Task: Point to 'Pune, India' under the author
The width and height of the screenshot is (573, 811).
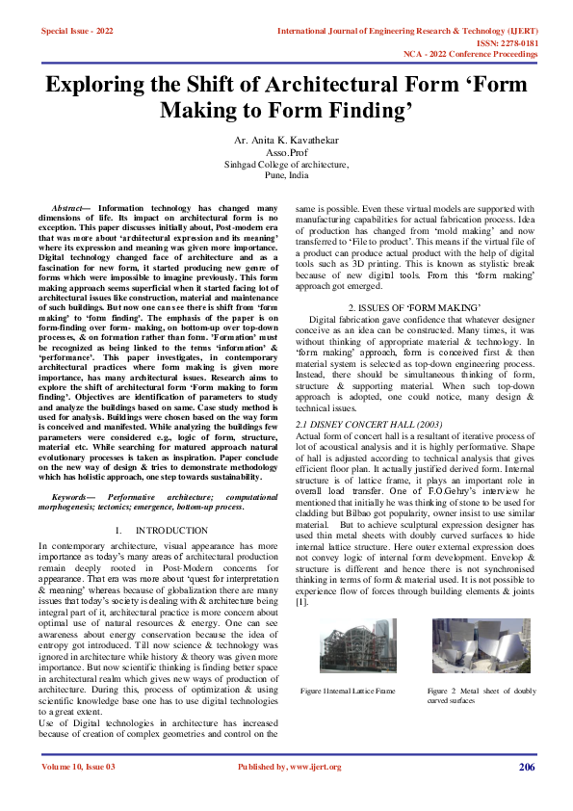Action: [286, 176]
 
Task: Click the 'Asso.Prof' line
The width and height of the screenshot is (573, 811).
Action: [286, 153]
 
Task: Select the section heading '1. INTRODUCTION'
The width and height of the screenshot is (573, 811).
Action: [158, 531]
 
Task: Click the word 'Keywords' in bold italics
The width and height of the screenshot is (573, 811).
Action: [76, 495]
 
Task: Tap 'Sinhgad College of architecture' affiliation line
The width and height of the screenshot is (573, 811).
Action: [286, 165]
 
